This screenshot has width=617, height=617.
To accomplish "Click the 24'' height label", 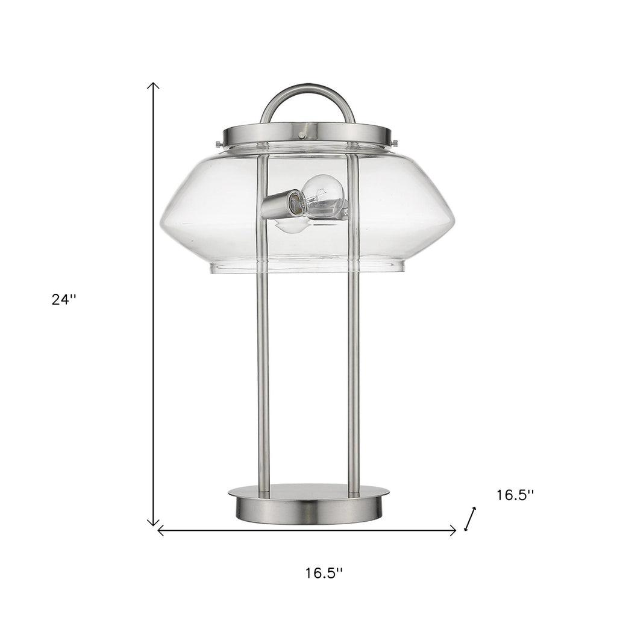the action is point(64,299).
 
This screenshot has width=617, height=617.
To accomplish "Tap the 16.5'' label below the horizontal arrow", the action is point(324,573).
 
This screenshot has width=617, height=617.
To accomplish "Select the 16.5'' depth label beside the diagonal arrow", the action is point(515,495).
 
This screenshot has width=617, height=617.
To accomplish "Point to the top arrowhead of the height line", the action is point(153,85).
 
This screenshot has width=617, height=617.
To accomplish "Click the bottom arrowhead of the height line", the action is point(153,523).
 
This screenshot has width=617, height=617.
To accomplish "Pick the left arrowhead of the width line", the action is point(160,531).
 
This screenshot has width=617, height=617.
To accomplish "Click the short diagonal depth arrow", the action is point(470,519).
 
